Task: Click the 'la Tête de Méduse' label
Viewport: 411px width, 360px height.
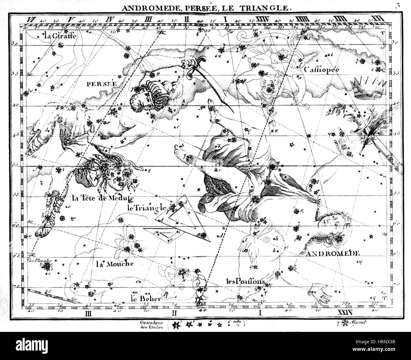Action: coord(103,198)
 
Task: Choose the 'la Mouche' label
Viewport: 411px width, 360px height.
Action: coord(114,263)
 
